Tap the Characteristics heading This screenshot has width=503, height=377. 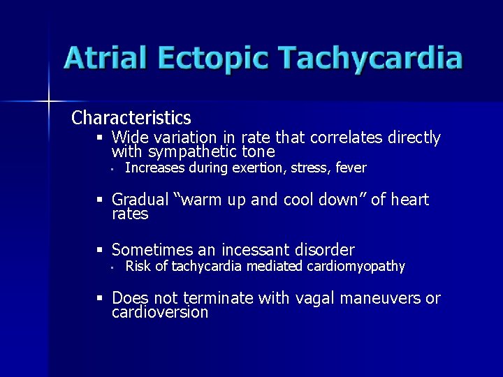pos(131,117)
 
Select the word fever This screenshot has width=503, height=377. pos(351,168)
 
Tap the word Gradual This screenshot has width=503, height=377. pos(140,200)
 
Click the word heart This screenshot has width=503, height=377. pos(409,200)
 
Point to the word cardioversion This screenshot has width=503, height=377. pos(160,312)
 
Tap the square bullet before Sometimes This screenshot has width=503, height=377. pos(101,250)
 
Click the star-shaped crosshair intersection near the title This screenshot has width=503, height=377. pos(50,102)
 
